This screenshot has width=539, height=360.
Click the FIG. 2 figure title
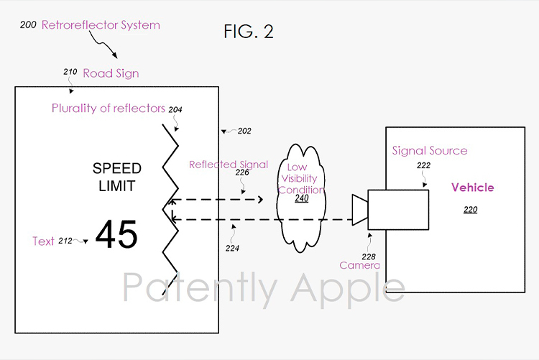click(249, 32)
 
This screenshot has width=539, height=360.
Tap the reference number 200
click(28, 24)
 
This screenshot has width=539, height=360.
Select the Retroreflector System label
click(101, 25)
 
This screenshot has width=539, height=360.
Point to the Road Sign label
click(111, 73)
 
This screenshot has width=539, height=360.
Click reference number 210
click(70, 72)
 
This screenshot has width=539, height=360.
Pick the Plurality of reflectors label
click(109, 109)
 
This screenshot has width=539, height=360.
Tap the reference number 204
click(175, 110)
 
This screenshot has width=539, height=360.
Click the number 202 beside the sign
click(244, 131)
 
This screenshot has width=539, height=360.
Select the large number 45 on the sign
click(116, 234)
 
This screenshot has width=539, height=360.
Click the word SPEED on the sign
click(117, 168)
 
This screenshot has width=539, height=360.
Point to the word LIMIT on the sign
click(117, 186)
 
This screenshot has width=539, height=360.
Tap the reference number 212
click(65, 241)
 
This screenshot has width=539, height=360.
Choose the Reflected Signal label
click(229, 165)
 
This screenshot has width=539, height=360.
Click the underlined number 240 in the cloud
click(301, 198)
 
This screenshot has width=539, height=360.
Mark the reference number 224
click(232, 248)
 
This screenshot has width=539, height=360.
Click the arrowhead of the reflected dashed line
click(261, 200)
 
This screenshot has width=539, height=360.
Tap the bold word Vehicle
click(473, 188)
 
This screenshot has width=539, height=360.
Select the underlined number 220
click(470, 210)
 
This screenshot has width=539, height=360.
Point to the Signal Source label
click(430, 151)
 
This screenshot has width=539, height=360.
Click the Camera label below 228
click(359, 265)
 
